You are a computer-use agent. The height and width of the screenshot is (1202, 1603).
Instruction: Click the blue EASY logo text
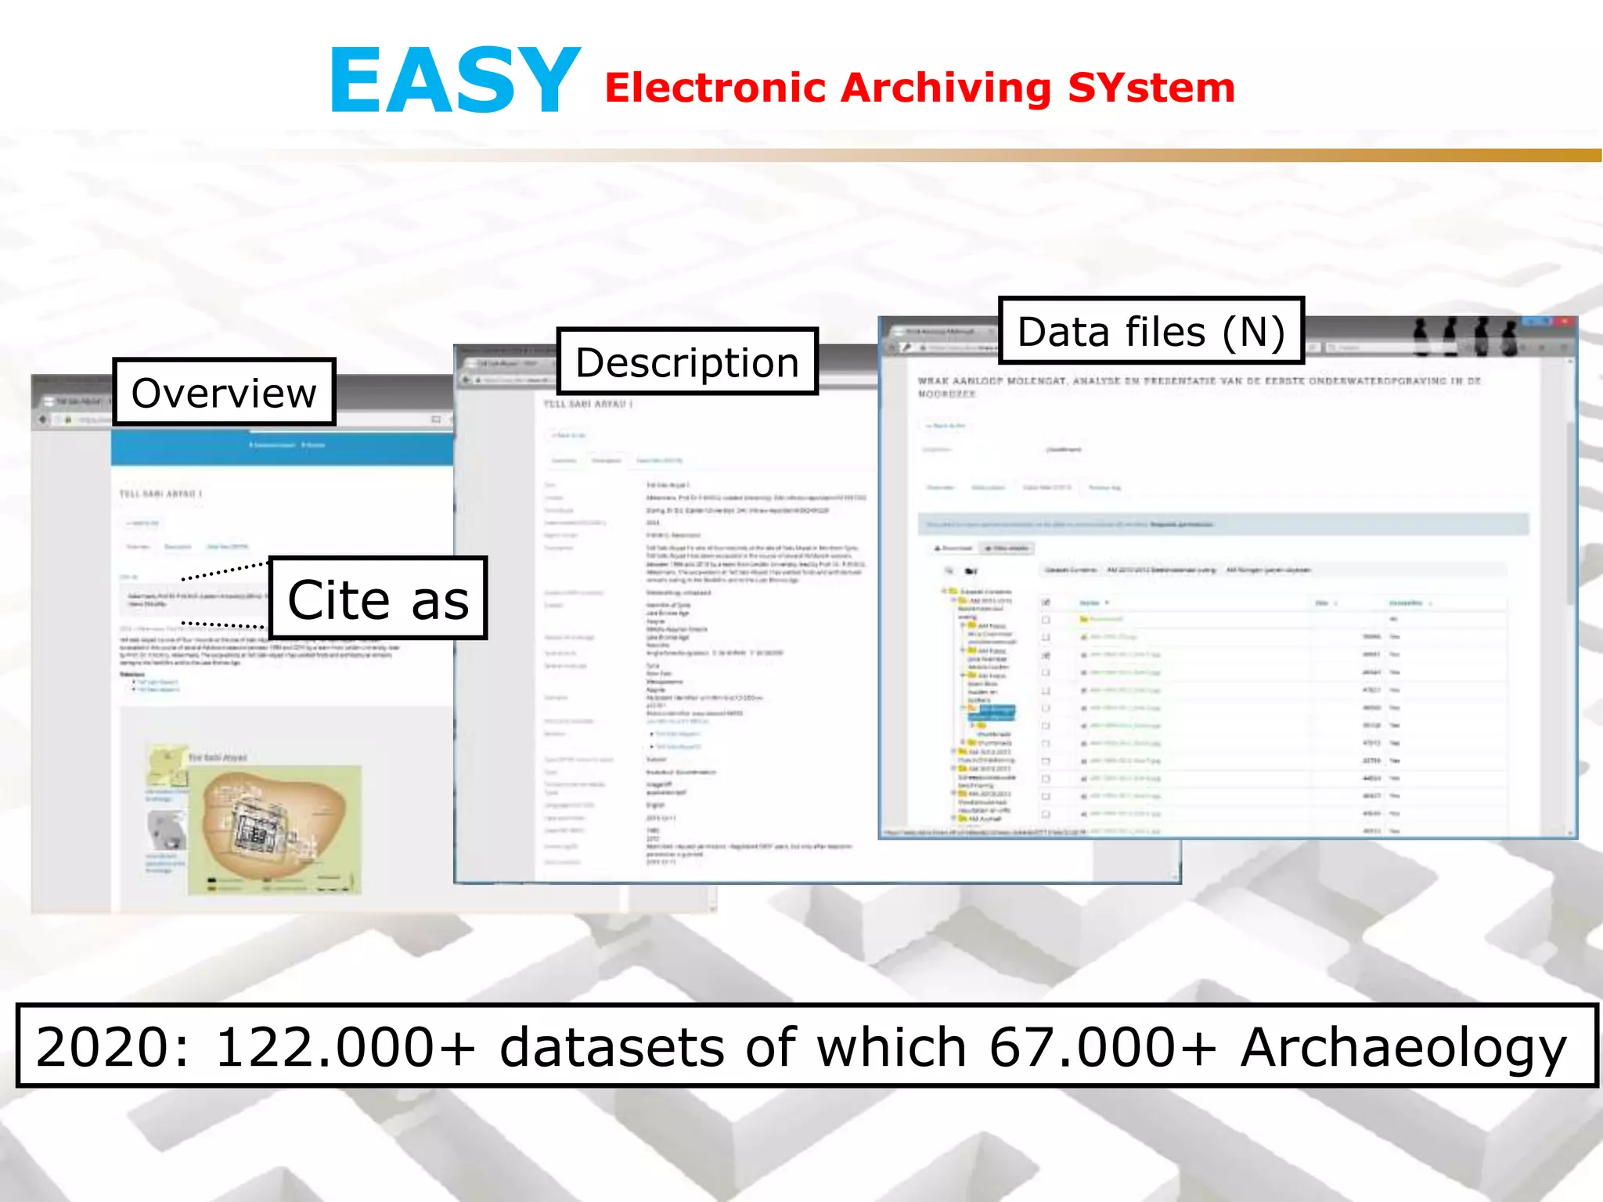[x=454, y=81]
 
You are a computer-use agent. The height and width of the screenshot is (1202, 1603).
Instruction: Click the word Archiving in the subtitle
[x=946, y=88]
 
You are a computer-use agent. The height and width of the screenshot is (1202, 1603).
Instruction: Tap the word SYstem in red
[x=1151, y=88]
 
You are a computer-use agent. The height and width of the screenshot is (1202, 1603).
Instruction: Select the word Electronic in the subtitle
[x=715, y=88]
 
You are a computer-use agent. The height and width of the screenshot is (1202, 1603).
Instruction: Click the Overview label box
[x=224, y=393]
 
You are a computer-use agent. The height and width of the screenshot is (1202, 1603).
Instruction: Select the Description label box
[x=686, y=362]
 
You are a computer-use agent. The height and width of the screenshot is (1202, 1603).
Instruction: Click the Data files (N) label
[x=1151, y=331]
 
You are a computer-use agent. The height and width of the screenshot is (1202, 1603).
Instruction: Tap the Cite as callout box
[x=378, y=599]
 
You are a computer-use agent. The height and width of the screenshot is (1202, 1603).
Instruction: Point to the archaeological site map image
[x=274, y=830]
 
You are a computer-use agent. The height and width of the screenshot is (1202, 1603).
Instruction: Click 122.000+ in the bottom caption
[x=344, y=1047]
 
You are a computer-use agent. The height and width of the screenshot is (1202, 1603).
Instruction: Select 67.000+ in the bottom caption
[x=1102, y=1047]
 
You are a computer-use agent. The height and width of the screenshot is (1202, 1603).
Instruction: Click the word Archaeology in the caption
[x=1403, y=1047]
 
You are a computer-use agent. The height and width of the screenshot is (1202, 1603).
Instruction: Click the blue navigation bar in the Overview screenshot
[x=282, y=445]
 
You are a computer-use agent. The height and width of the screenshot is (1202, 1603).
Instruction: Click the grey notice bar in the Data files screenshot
[x=1221, y=524]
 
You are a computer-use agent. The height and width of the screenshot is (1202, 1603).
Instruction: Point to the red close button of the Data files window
[x=1564, y=322]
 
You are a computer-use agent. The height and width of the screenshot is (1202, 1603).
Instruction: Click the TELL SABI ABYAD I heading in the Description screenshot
[x=588, y=405]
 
